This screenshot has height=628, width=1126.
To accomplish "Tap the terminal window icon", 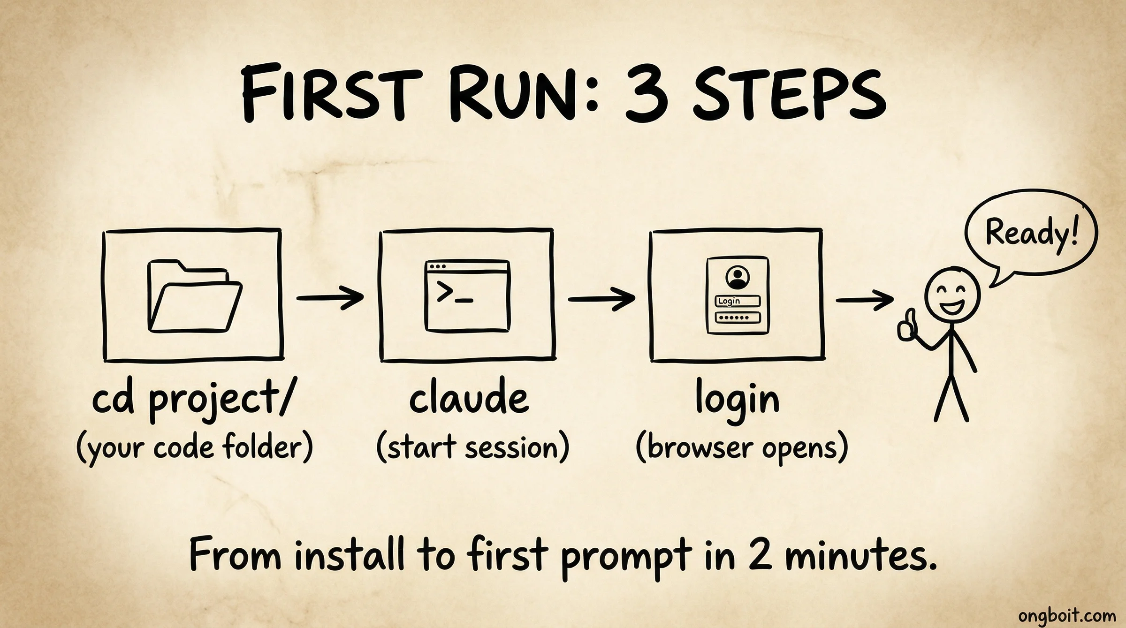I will pos(467,296).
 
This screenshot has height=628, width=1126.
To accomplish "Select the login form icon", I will pos(738,295).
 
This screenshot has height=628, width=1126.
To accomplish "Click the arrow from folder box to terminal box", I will pos(330,297).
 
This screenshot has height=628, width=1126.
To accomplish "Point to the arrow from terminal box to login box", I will pos(601,299).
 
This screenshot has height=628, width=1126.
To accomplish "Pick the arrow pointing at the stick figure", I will pos(865,300).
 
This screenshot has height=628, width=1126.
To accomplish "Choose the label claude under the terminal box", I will pos(469,400).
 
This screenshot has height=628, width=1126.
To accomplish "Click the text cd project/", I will pos(193,401).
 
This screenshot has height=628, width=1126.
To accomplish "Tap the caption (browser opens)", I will pos(742,448).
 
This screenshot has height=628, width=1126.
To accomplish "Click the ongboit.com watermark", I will pos(1066,615).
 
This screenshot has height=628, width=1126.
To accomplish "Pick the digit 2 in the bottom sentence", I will pos(760,555).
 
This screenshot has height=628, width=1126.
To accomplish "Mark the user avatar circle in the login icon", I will pos(738,277).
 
